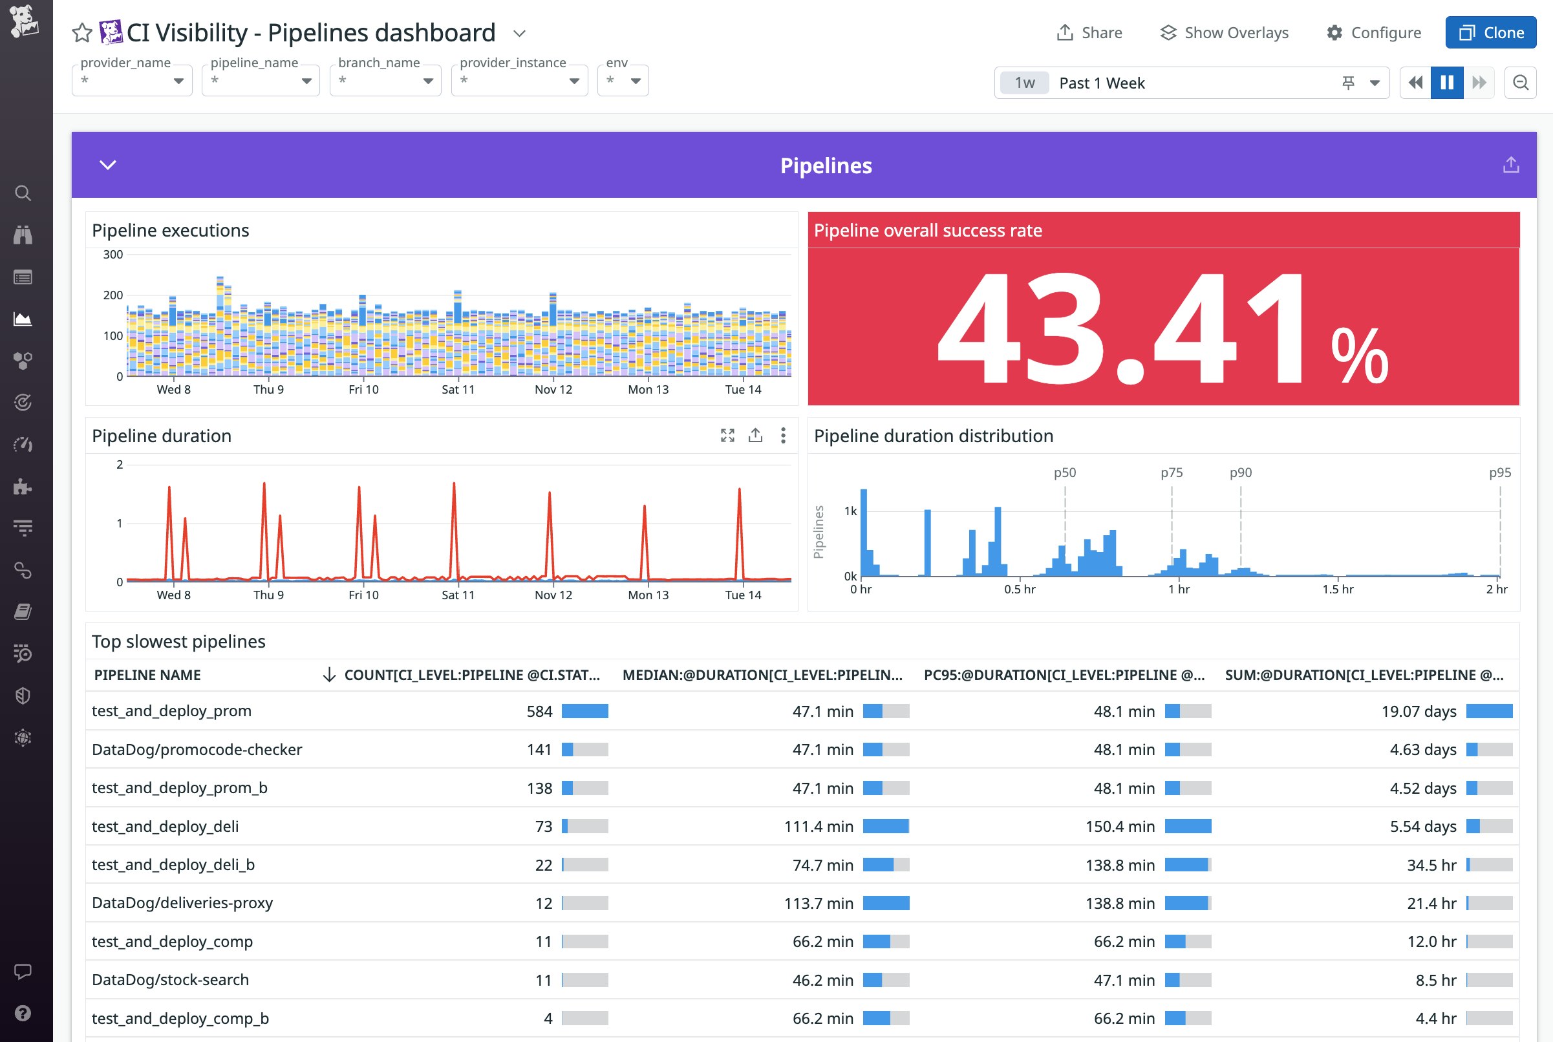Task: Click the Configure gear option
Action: (1373, 32)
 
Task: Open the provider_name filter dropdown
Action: (132, 80)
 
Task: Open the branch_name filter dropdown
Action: (385, 80)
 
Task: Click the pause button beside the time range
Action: (1446, 82)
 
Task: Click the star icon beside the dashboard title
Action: (81, 32)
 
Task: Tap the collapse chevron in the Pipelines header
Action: (108, 165)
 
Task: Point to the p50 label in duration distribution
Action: (1064, 473)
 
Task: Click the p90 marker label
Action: (1240, 473)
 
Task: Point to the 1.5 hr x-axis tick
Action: (1337, 589)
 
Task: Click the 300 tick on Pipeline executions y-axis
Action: (113, 255)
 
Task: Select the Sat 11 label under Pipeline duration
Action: (458, 595)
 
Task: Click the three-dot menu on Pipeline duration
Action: (783, 435)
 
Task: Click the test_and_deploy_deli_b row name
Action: (173, 865)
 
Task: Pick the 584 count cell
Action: (539, 711)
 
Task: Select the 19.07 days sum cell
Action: (1418, 711)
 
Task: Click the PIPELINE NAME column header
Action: (147, 675)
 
